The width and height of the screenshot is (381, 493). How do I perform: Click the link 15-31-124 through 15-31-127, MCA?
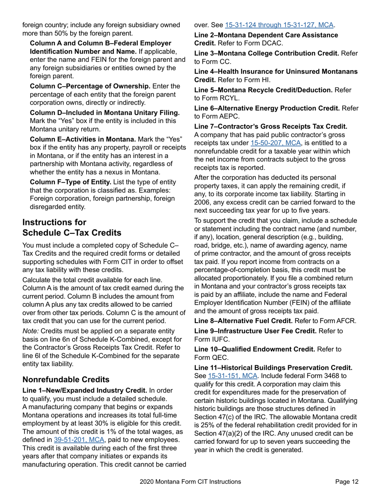279,25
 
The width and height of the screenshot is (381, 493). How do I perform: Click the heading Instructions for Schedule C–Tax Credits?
71,228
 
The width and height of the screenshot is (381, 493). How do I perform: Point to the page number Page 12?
347,482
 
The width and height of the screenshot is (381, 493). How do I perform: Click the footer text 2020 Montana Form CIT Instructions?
190,482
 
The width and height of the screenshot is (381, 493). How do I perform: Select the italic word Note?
31,331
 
